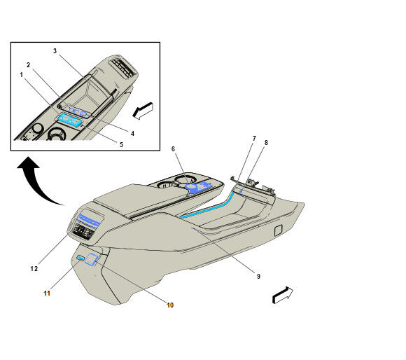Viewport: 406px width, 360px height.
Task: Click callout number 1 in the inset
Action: click(22, 75)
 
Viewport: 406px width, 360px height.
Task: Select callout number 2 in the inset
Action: click(29, 64)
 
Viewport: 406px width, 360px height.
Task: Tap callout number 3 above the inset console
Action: click(55, 50)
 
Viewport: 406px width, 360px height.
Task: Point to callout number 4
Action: click(132, 133)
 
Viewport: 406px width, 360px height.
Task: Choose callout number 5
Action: click(121, 144)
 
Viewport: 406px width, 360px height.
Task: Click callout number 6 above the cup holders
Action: click(173, 149)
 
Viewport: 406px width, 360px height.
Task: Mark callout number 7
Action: click(254, 139)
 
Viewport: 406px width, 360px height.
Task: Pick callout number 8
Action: click(266, 142)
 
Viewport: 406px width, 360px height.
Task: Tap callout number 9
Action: click(258, 277)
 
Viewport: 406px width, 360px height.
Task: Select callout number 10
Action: click(170, 305)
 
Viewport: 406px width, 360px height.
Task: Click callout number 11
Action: click(47, 293)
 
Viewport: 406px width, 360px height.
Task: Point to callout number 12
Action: click(34, 269)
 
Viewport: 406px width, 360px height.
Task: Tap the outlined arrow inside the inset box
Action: click(143, 111)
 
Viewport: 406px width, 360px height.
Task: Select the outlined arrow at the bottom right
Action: click(283, 295)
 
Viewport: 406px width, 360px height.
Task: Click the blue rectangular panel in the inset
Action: click(70, 121)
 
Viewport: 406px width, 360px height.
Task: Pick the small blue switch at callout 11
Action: click(80, 258)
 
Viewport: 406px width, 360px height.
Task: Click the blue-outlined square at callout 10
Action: click(91, 259)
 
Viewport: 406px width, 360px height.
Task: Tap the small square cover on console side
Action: click(279, 230)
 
